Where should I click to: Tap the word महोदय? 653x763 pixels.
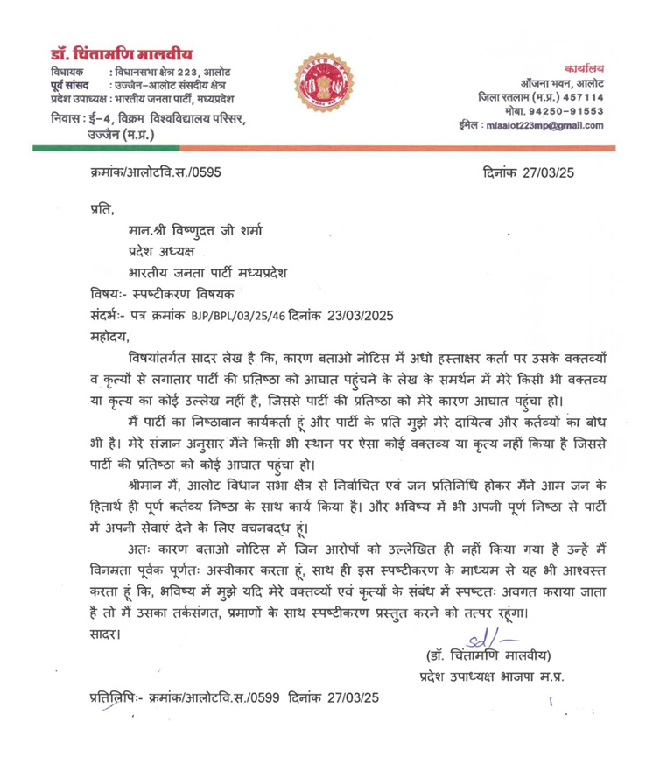point(109,336)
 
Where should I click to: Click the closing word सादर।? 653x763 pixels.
point(109,633)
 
